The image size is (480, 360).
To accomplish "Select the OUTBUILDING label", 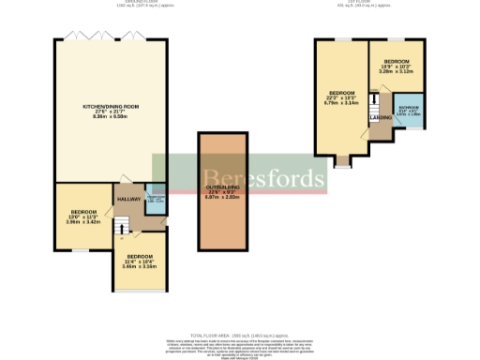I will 222,188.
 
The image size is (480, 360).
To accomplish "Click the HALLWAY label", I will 128,198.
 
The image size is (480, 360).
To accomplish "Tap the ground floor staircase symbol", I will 120,225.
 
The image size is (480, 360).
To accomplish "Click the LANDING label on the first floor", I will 382,117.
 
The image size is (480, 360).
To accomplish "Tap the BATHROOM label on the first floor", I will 410,108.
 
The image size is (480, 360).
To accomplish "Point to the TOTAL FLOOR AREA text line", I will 240,335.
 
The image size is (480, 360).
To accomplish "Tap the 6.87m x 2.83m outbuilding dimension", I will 222,198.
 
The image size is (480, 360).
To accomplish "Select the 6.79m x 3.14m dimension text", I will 340,103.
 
